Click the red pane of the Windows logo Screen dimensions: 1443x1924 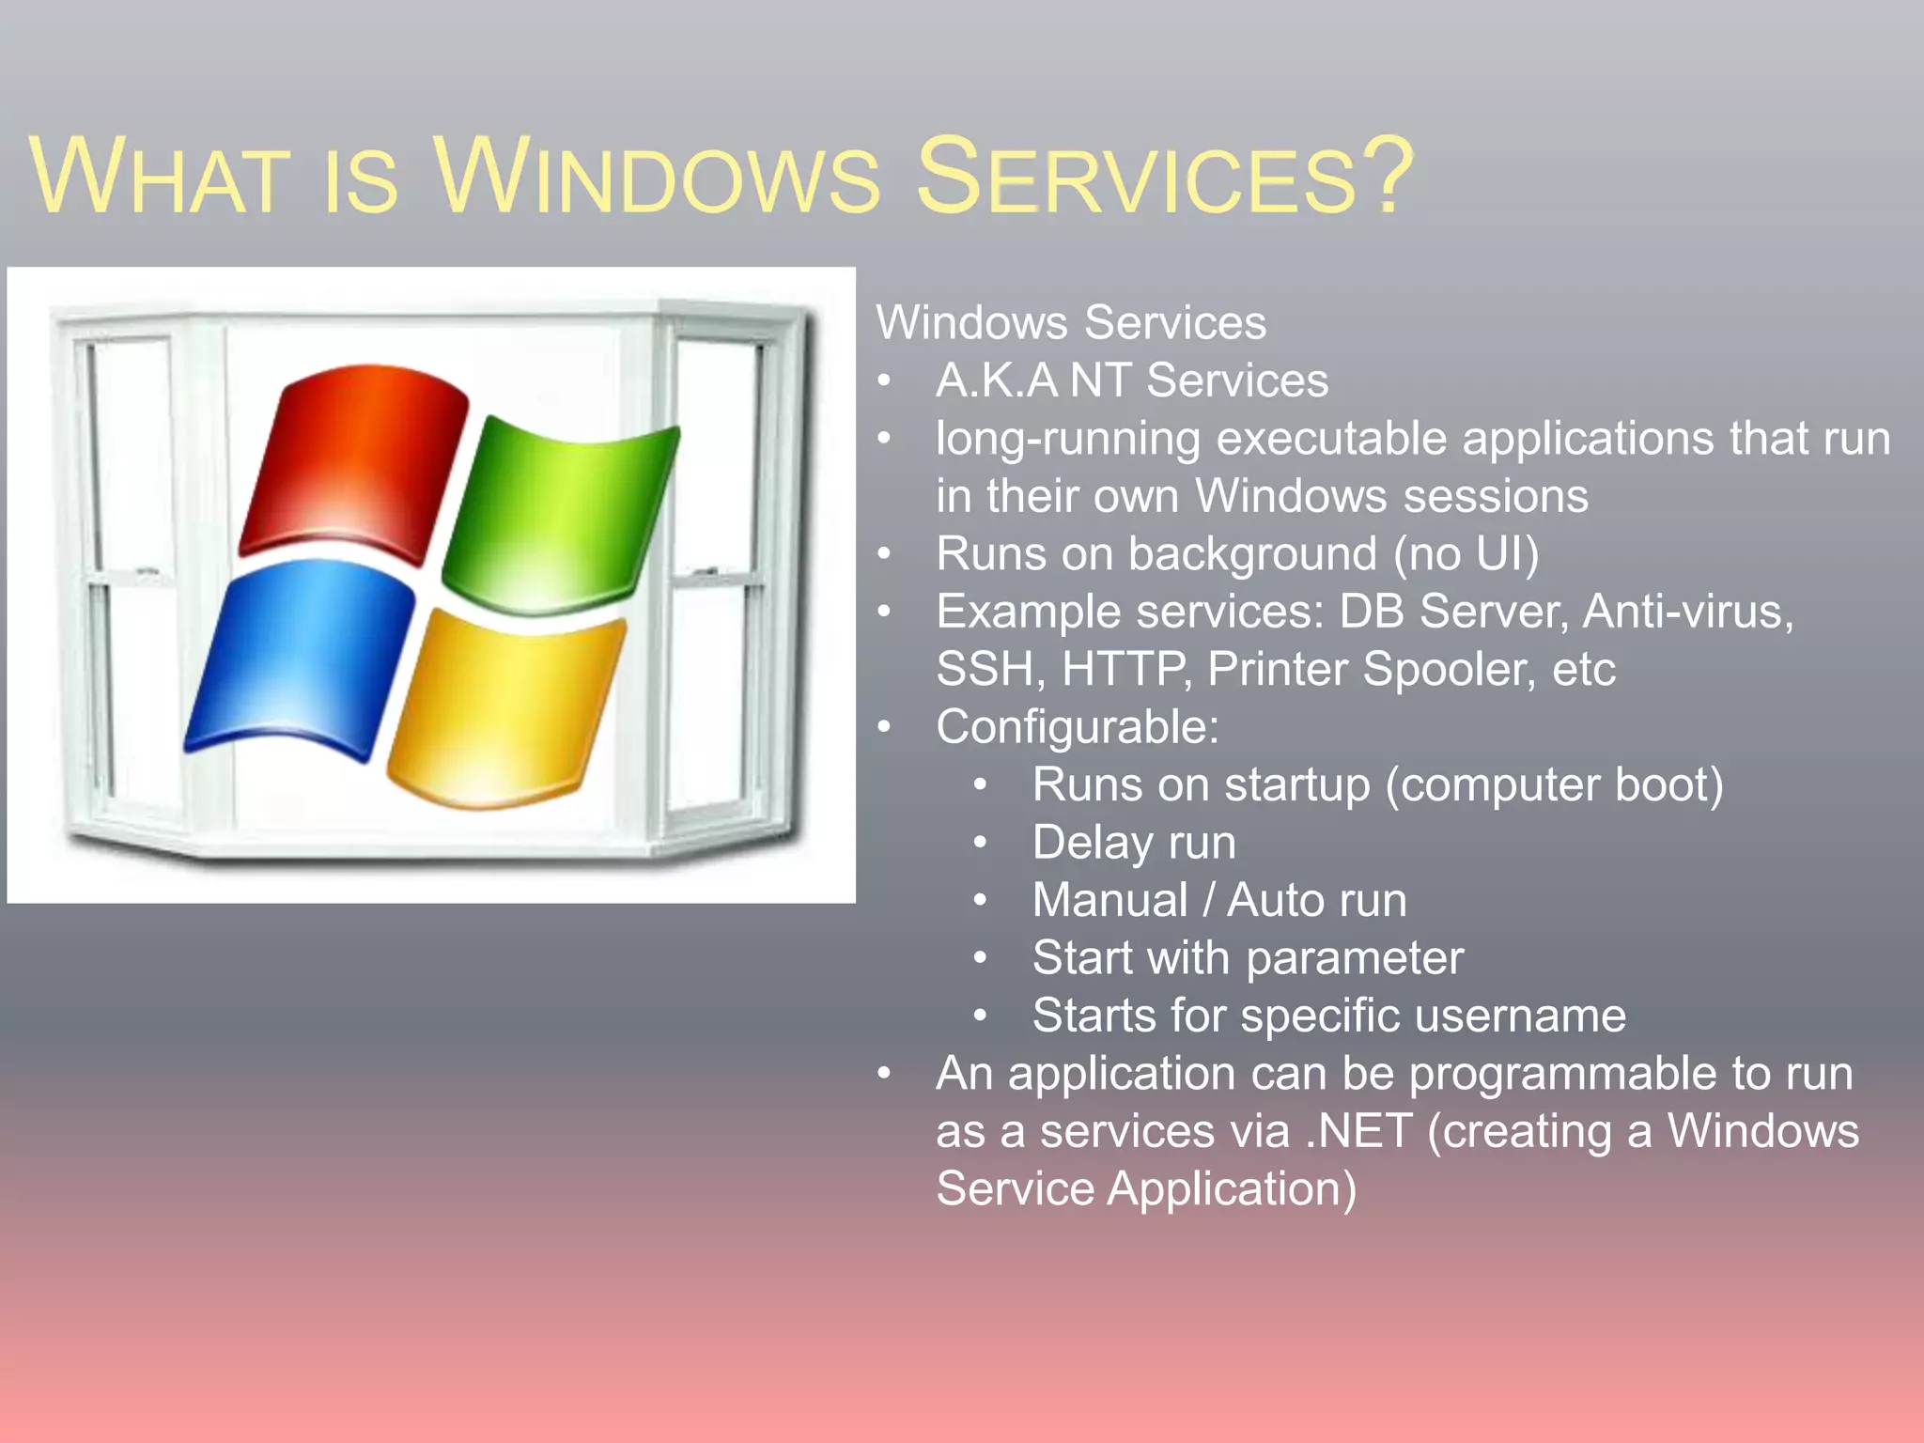[352, 460]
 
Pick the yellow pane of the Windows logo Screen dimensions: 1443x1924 [507, 709]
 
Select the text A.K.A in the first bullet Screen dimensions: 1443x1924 [996, 380]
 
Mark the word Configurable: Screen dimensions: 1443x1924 [1077, 727]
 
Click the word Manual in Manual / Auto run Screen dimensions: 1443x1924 [1109, 900]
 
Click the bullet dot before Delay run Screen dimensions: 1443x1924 [980, 843]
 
